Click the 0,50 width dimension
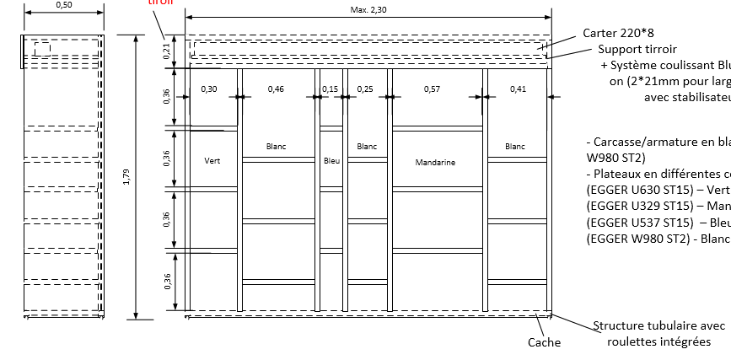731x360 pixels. [62, 5]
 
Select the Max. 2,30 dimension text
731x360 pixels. [368, 9]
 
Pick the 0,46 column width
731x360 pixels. [276, 89]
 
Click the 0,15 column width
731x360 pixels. [330, 89]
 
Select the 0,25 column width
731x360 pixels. [365, 89]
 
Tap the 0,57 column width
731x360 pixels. [432, 89]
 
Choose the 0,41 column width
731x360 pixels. [517, 89]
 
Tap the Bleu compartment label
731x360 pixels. [331, 159]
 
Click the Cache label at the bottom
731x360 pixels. [544, 342]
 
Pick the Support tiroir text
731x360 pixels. [637, 50]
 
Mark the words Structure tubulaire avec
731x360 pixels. [658, 325]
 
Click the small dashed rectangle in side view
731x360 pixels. [41, 49]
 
